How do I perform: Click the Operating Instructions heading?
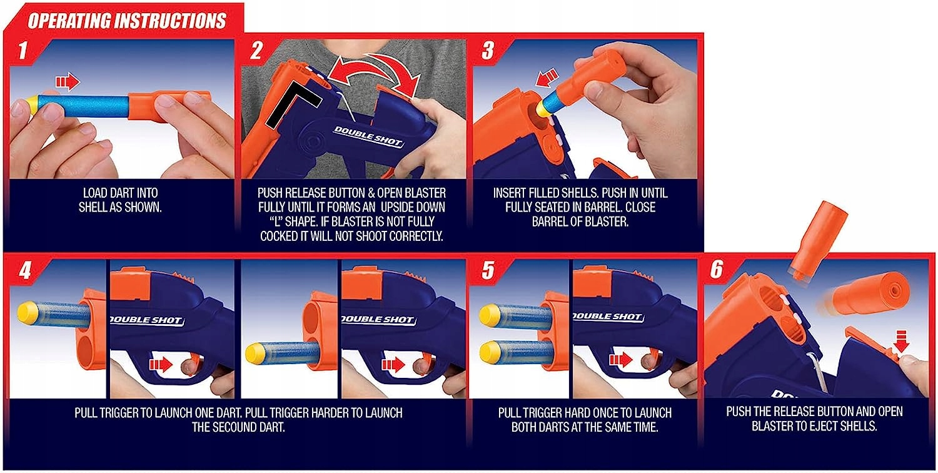coord(127,21)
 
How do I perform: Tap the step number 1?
coord(23,50)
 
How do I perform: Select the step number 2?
coord(256,50)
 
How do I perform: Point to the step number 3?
coord(488,50)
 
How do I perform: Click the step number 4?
coord(25,270)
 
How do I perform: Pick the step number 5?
coord(488,270)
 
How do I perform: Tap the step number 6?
coord(717,270)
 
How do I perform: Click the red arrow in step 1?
coord(68,81)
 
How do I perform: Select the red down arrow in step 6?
coord(901,341)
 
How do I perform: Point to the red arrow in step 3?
coord(547,78)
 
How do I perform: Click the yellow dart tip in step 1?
coord(33,105)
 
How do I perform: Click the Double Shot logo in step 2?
coord(368,136)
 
